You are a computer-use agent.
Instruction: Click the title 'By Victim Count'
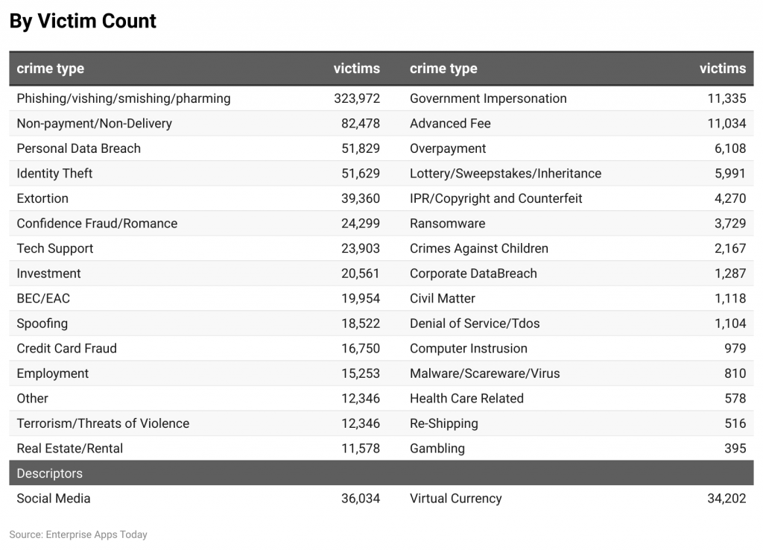tap(83, 21)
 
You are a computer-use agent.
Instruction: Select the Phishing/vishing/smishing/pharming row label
tap(124, 98)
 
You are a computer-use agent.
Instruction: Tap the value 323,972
tap(356, 98)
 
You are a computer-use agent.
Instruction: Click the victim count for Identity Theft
tap(360, 174)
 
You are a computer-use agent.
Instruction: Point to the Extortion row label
tap(42, 198)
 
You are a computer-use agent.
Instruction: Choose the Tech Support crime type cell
tap(55, 248)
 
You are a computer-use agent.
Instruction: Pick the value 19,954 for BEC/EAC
tap(360, 298)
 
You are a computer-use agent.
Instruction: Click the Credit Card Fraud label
tap(67, 348)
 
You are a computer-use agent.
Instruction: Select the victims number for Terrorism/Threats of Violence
tap(360, 423)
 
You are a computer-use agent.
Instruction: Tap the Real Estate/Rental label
tap(70, 448)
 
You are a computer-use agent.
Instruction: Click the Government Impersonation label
tap(488, 98)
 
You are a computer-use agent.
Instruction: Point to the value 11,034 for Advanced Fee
tap(726, 124)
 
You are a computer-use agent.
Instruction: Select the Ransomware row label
tap(447, 224)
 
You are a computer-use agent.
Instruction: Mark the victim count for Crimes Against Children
tap(729, 248)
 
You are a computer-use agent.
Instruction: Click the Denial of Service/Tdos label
tap(475, 323)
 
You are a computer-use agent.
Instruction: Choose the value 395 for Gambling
tap(735, 448)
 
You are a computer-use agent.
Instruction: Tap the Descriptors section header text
tap(50, 473)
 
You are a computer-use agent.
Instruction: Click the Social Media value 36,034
tap(360, 499)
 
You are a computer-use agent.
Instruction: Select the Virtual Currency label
tap(455, 499)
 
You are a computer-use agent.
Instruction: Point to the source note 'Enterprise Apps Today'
tap(96, 534)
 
